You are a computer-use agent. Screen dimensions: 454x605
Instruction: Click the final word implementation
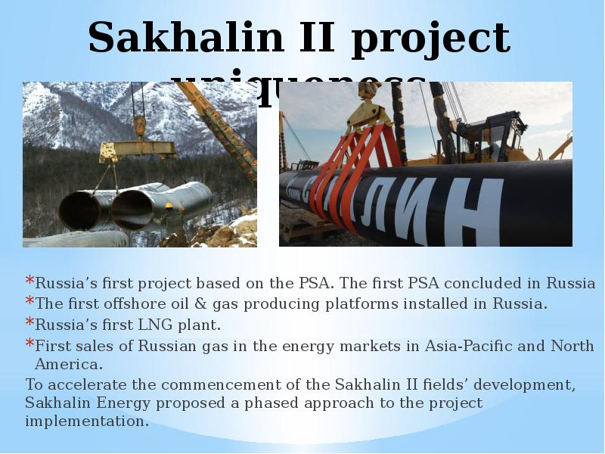pyautogui.click(x=87, y=421)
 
